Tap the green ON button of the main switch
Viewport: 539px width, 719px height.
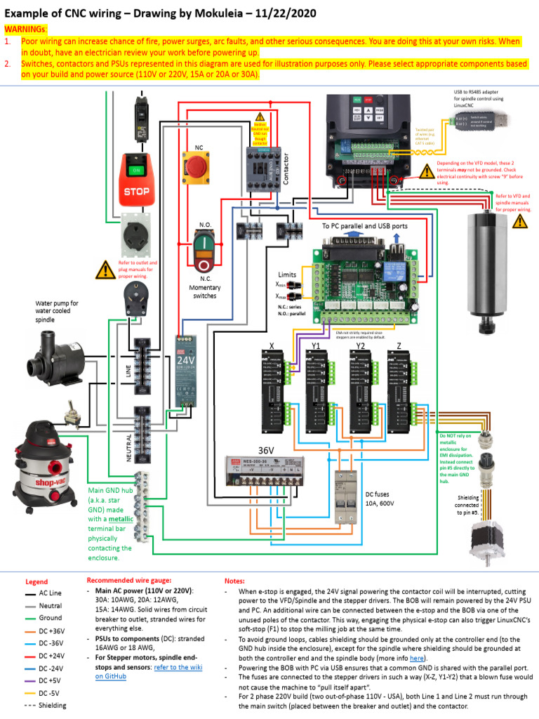pos(136,170)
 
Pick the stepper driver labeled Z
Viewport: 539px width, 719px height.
pos(399,385)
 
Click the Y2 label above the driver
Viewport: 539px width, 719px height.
pos(359,345)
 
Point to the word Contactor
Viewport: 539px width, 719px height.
pos(286,169)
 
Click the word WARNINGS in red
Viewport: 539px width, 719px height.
pos(26,29)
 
